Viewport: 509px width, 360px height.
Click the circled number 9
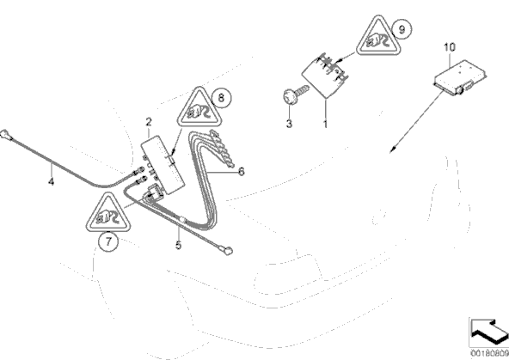(402, 29)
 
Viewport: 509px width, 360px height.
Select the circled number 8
(221, 97)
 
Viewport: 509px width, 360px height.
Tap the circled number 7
(108, 241)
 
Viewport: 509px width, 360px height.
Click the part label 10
(450, 47)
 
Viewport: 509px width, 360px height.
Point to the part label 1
(325, 124)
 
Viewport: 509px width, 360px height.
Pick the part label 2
(149, 122)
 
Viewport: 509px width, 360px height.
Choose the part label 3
(289, 123)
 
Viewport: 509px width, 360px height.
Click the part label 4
(51, 181)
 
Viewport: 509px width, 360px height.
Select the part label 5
(179, 245)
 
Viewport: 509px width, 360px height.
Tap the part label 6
(242, 171)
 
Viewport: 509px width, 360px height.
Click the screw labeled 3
(295, 94)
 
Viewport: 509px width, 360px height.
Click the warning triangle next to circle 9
(378, 36)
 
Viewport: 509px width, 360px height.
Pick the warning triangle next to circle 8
(199, 107)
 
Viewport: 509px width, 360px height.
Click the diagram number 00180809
(489, 353)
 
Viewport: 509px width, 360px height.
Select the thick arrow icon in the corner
(489, 331)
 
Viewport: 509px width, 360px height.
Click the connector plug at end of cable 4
(5, 134)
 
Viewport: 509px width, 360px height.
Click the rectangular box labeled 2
(163, 165)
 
